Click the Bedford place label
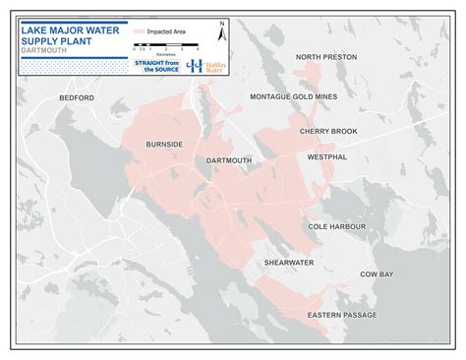tap(76, 98)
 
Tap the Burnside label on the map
tap(164, 144)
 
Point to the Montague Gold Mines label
tap(293, 96)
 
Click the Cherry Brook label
tap(328, 131)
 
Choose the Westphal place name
tap(327, 156)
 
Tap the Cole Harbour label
tap(337, 226)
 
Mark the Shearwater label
tap(288, 263)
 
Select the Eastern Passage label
tap(341, 315)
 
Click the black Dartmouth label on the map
tap(229, 159)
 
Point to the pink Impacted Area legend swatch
tap(140, 32)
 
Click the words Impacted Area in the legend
tap(166, 32)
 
